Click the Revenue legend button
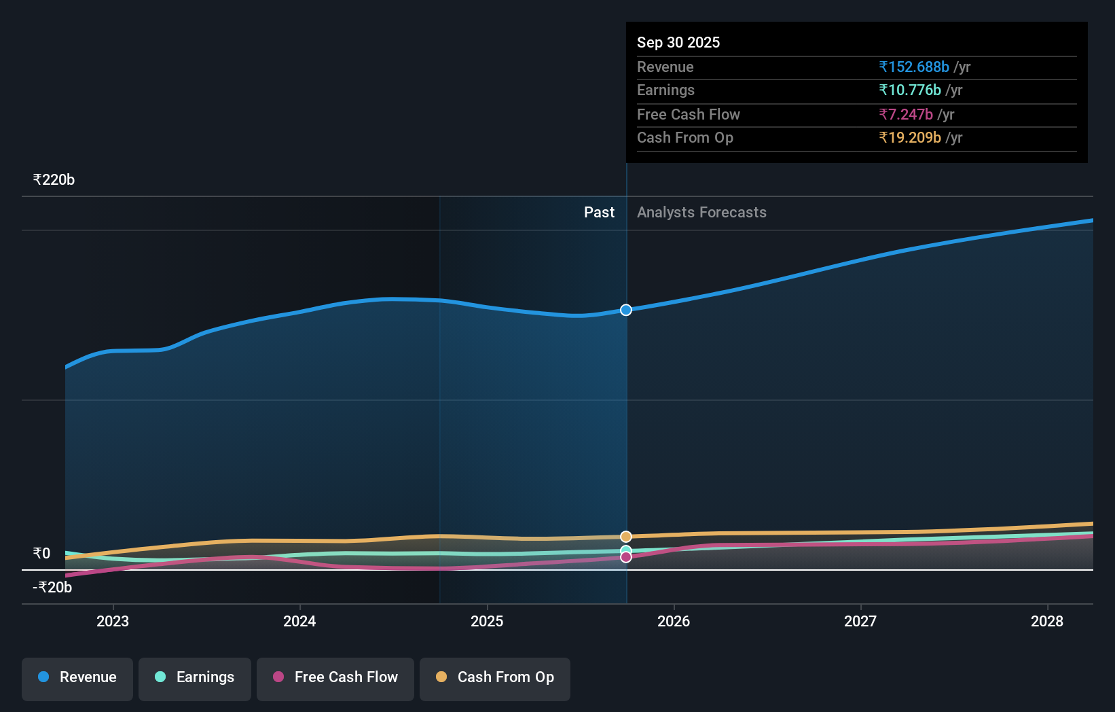tap(77, 678)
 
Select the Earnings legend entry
tap(195, 678)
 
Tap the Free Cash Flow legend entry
tap(335, 678)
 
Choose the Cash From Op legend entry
tap(495, 678)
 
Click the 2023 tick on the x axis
tap(113, 621)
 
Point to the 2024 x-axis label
tap(299, 621)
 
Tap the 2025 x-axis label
tap(487, 621)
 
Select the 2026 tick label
tap(674, 621)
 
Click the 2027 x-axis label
tap(860, 621)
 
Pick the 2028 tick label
tap(1047, 621)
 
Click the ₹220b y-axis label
tap(54, 180)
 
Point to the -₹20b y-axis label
tap(52, 588)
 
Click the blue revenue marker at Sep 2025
tap(626, 310)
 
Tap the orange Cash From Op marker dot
tap(626, 537)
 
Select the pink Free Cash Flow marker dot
tap(626, 557)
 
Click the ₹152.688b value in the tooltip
tap(914, 67)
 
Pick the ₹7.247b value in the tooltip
tap(906, 115)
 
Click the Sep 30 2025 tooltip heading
tap(678, 43)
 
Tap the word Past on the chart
tap(599, 213)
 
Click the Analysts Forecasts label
tap(701, 213)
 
